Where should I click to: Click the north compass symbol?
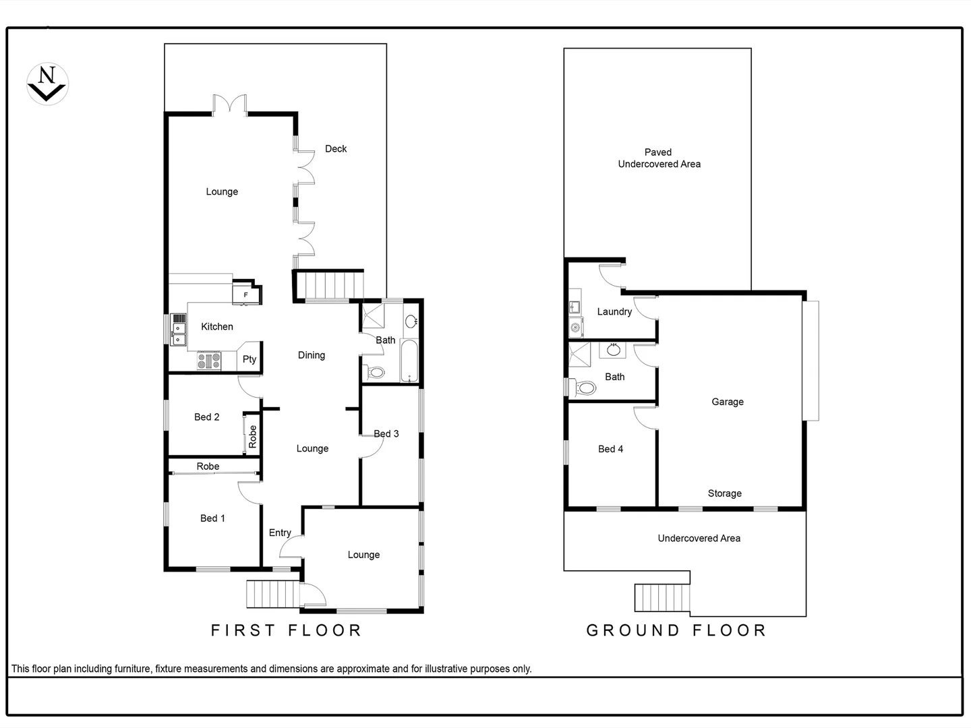pyautogui.click(x=47, y=84)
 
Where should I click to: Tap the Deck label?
pyautogui.click(x=336, y=149)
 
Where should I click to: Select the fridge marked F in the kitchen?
pyautogui.click(x=245, y=295)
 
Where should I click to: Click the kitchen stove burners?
pyautogui.click(x=209, y=361)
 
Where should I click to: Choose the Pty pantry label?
pyautogui.click(x=249, y=359)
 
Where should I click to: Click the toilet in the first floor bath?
pyautogui.click(x=375, y=372)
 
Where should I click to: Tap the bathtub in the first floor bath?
pyautogui.click(x=410, y=361)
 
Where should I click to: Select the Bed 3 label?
pyautogui.click(x=386, y=433)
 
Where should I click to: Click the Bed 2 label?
pyautogui.click(x=206, y=417)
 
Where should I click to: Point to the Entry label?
pyautogui.click(x=280, y=533)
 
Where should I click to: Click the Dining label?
pyautogui.click(x=312, y=355)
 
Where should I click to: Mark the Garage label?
pyautogui.click(x=728, y=402)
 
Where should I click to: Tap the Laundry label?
pyautogui.click(x=614, y=311)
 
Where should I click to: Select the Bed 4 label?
pyautogui.click(x=610, y=449)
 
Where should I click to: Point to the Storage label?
pyautogui.click(x=725, y=493)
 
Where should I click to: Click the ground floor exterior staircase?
pyautogui.click(x=663, y=597)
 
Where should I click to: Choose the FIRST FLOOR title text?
pyautogui.click(x=287, y=630)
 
